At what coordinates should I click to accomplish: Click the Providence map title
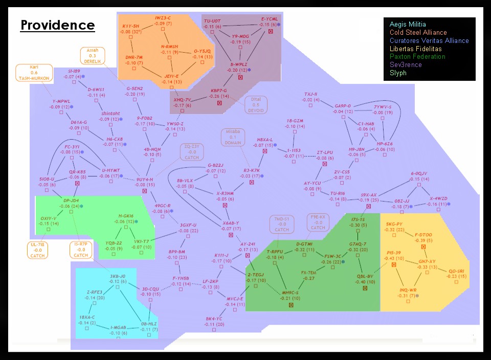click(57, 26)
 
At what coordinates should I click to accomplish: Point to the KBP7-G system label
click(218, 91)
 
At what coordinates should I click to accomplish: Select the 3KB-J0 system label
click(118, 276)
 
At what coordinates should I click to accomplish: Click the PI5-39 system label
click(394, 253)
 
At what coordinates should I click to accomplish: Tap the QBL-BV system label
click(364, 276)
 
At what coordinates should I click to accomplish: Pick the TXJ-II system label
click(311, 94)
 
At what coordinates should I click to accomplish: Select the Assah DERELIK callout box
click(92, 56)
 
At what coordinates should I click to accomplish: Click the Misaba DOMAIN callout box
click(233, 137)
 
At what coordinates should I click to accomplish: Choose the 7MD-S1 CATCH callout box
click(282, 224)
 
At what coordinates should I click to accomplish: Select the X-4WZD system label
click(438, 198)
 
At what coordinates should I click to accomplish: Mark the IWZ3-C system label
click(163, 18)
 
